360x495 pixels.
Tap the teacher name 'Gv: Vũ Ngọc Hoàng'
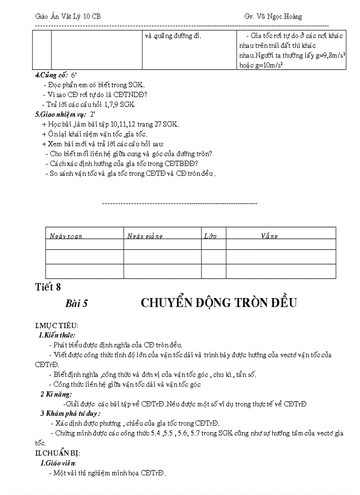(273, 16)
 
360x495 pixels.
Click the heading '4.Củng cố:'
(49, 75)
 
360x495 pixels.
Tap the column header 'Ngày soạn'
(66, 236)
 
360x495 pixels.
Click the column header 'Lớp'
(210, 236)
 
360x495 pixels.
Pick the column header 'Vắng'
(269, 236)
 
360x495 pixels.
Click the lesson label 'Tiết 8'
(48, 287)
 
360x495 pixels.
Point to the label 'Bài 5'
(77, 303)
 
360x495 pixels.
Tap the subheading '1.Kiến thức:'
(57, 335)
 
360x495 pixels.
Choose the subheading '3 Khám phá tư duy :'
(70, 413)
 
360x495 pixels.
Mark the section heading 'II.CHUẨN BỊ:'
(57, 453)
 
